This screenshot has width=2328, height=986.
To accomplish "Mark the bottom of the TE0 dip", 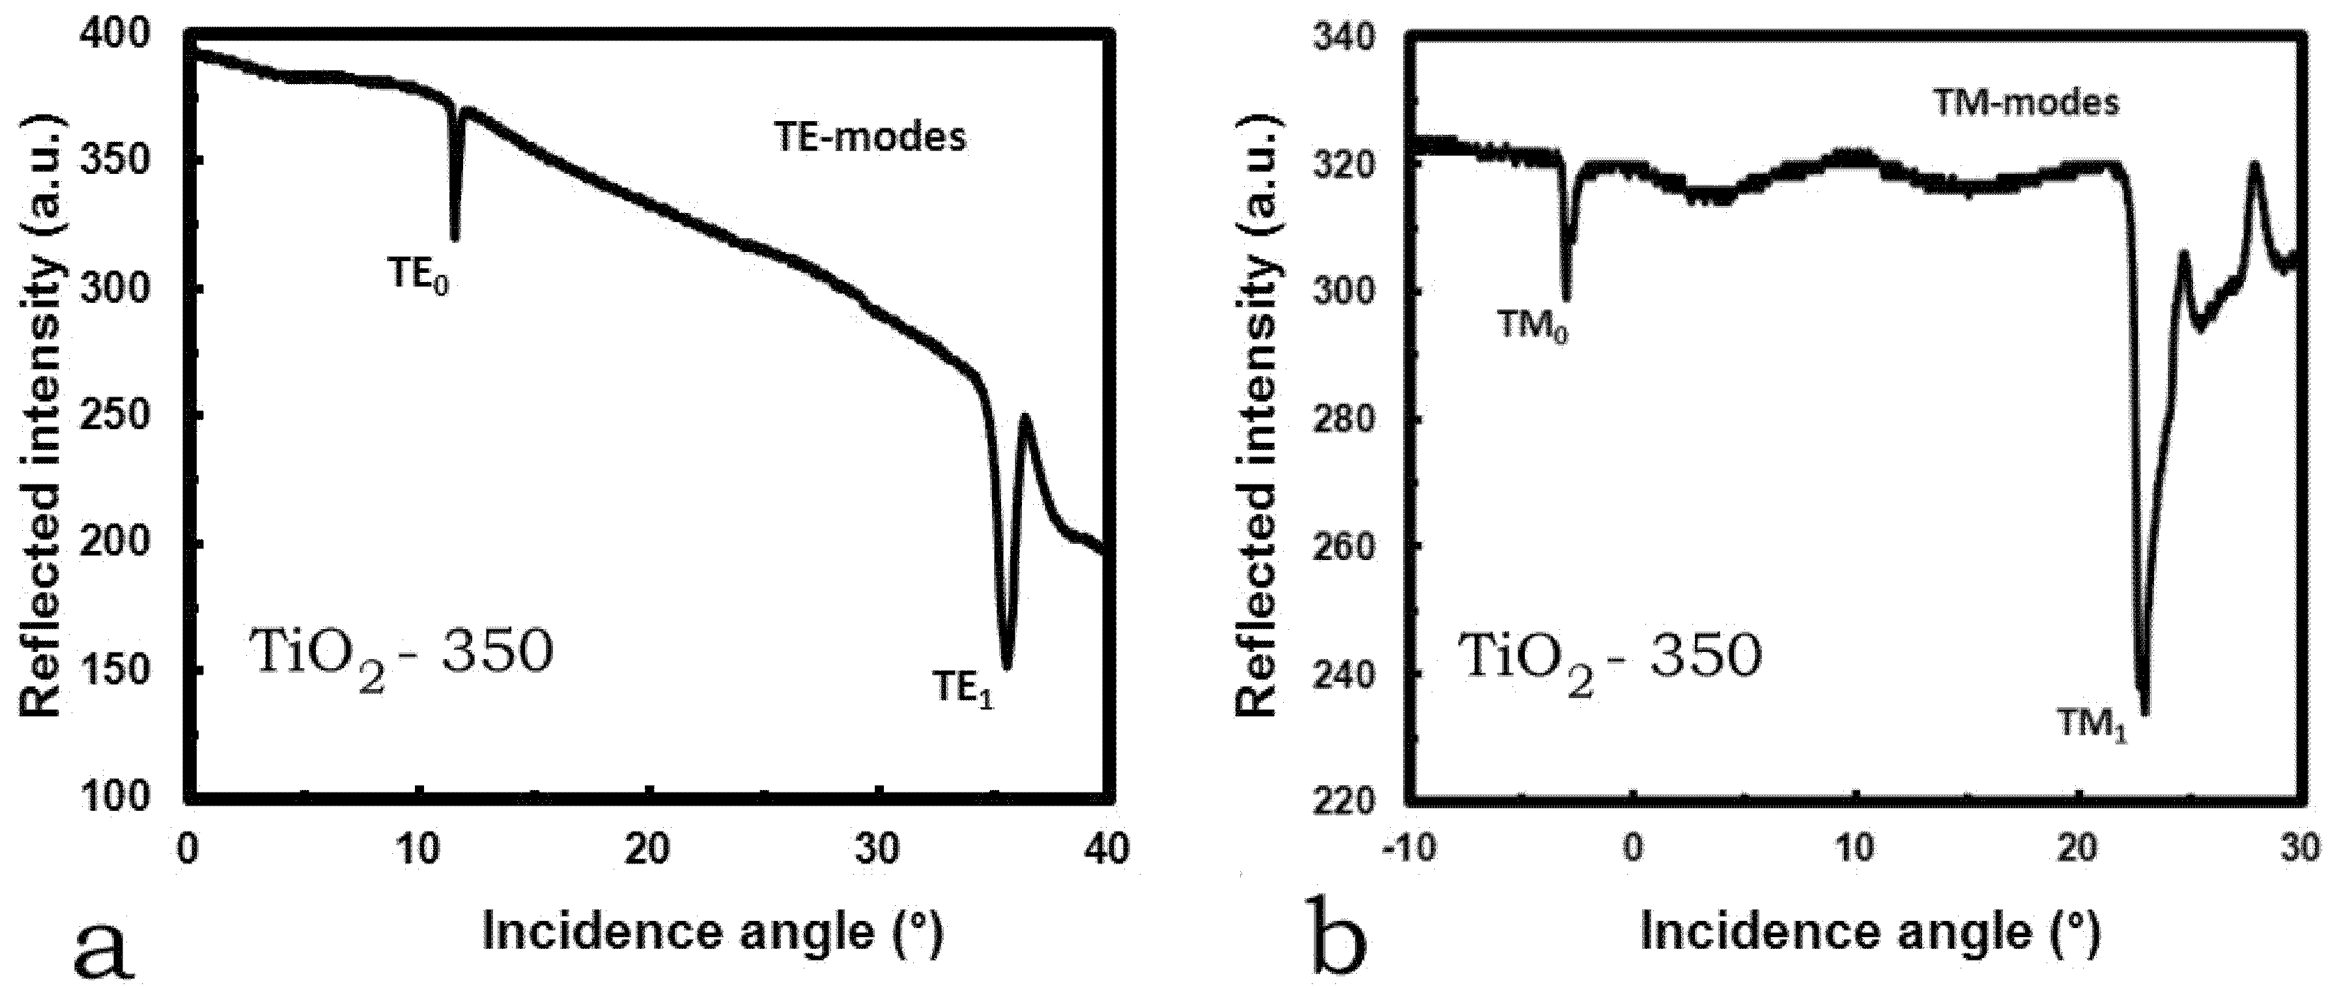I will point(455,238).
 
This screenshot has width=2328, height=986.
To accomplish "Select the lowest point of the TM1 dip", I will point(2144,714).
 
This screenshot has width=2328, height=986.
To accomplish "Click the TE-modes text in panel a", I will point(871,137).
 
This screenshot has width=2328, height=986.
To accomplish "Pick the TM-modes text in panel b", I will point(2024,102).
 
